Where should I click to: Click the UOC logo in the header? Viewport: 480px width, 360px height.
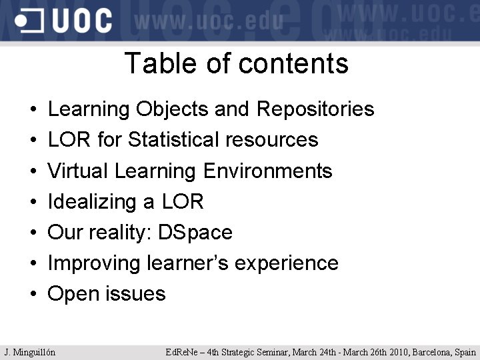pos(64,21)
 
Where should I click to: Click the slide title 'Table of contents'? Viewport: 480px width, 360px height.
pos(236,64)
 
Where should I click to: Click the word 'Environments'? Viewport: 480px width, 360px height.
pos(268,171)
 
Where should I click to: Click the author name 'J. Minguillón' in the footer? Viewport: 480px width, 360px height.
pos(30,352)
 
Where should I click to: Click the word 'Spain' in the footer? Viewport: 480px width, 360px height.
pos(466,352)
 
